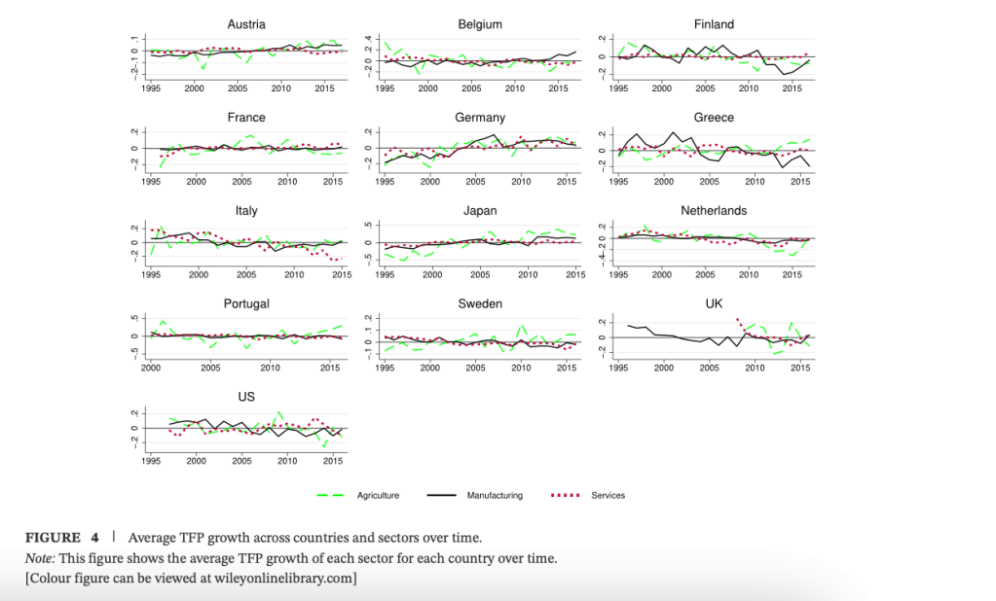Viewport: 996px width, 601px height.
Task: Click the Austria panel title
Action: (x=246, y=24)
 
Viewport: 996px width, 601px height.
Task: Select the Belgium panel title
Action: (x=480, y=24)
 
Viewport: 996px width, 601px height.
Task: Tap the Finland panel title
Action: (x=714, y=24)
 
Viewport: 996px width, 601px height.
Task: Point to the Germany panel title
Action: (x=480, y=118)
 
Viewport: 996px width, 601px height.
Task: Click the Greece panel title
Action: (x=714, y=118)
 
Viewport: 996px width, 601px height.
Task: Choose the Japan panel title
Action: (x=480, y=211)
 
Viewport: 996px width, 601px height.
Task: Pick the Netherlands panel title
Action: (x=714, y=211)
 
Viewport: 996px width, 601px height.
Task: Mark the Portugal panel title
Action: (x=246, y=304)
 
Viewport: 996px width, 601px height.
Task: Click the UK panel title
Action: (x=714, y=304)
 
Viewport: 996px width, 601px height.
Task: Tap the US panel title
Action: (x=246, y=398)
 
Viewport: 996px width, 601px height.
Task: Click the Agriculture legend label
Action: (x=378, y=496)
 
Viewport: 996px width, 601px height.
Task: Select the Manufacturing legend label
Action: (x=494, y=496)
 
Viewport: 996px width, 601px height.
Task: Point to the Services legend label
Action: (x=608, y=496)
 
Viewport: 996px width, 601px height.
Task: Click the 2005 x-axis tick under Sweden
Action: (x=475, y=369)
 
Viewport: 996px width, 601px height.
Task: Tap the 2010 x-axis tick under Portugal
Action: (x=270, y=369)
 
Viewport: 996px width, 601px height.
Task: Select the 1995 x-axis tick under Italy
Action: (x=151, y=275)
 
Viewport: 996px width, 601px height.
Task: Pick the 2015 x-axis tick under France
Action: (x=331, y=182)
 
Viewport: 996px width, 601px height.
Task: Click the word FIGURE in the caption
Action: (x=53, y=538)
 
